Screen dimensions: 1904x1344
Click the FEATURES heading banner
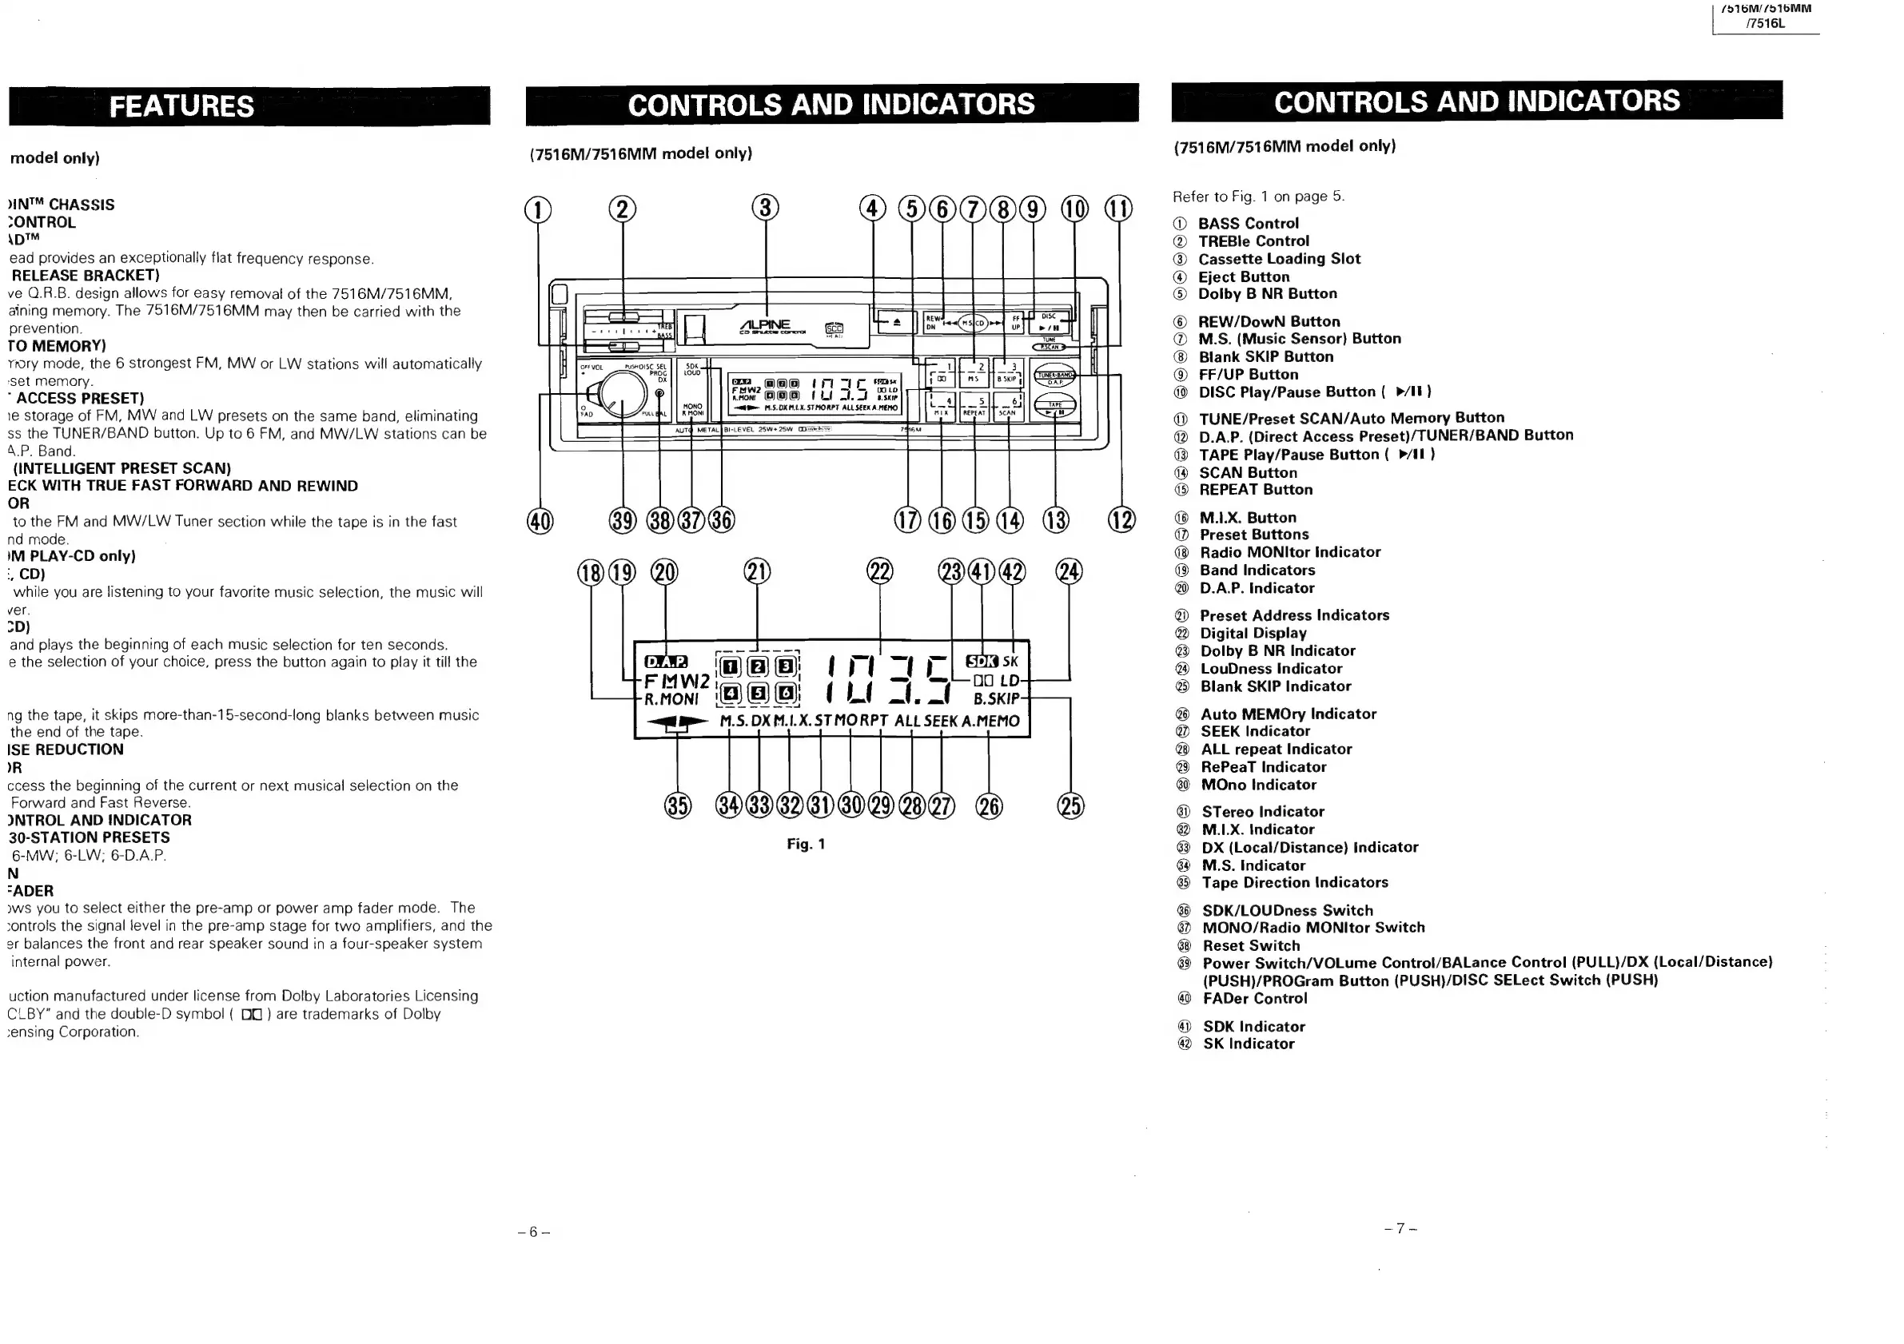[x=182, y=106]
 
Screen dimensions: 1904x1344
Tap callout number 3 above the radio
[x=766, y=207]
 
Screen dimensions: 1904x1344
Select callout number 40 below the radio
[x=540, y=522]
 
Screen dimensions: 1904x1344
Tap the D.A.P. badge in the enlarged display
[x=666, y=662]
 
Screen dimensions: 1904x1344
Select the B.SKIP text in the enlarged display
[x=996, y=698]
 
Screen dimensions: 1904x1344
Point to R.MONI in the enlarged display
[x=671, y=699]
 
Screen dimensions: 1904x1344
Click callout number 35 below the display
[x=678, y=806]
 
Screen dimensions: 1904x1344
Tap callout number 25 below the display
[x=1070, y=806]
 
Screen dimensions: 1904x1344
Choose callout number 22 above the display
[x=880, y=572]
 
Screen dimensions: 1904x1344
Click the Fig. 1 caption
[x=805, y=844]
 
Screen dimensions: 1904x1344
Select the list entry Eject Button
[x=1243, y=277]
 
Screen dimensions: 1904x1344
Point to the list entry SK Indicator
[x=1248, y=1044]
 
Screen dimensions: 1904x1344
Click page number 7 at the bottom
[x=1400, y=1228]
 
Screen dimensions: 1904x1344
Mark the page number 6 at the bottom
[x=533, y=1232]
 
